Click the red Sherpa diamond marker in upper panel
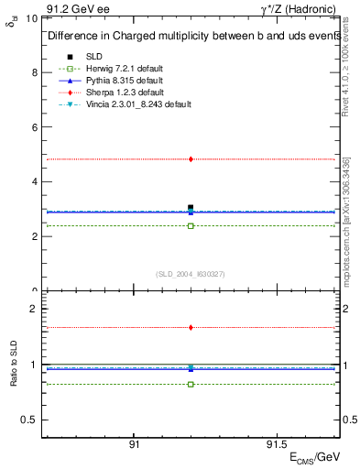(x=191, y=159)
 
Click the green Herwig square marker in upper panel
(x=191, y=225)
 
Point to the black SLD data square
(x=191, y=208)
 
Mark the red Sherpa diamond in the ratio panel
(x=191, y=327)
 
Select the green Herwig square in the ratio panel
(x=191, y=384)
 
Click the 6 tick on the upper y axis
(x=34, y=127)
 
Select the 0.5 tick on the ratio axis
(x=29, y=420)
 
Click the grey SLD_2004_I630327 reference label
(x=191, y=274)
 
